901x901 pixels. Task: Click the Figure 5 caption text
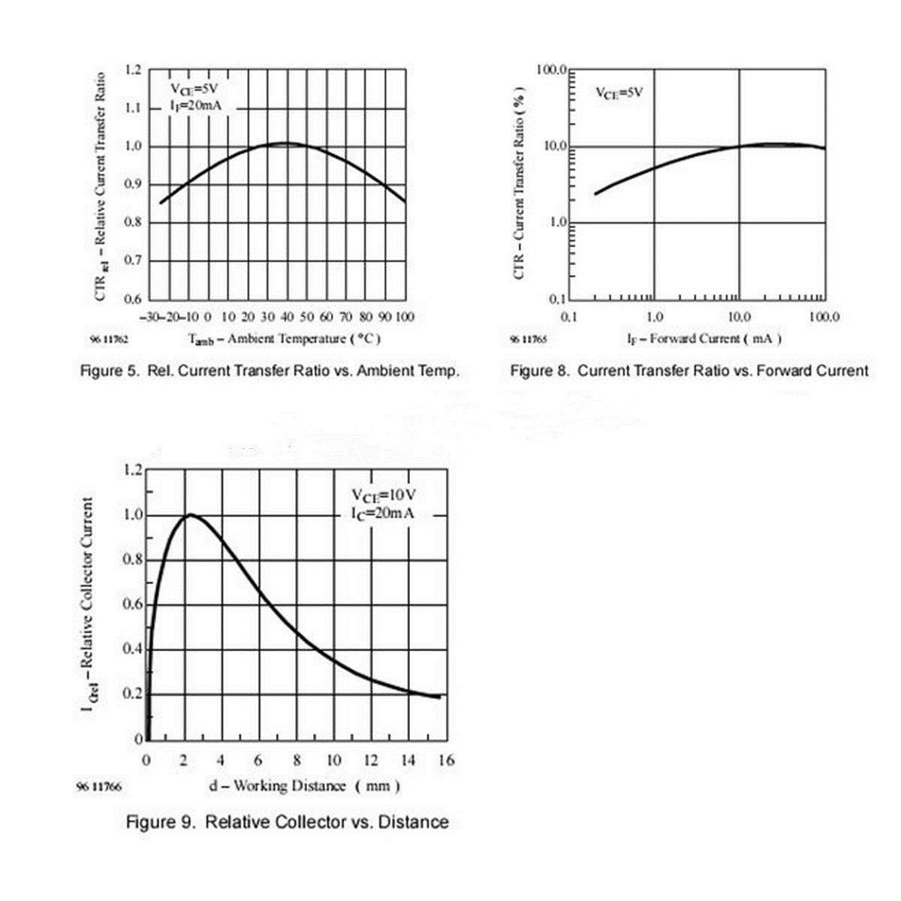[270, 371]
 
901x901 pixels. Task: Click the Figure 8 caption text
[689, 371]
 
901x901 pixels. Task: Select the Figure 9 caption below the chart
[287, 822]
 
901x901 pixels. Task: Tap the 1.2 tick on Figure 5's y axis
[133, 70]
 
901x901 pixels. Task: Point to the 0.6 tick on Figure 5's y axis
[133, 300]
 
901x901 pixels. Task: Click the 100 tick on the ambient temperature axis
[405, 317]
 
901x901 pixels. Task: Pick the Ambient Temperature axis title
[285, 339]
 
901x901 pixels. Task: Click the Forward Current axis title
[704, 339]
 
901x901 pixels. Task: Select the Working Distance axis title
[304, 786]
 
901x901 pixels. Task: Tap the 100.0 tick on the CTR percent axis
[550, 70]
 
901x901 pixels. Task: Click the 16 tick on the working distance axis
[446, 761]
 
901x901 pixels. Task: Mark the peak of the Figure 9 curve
[190, 515]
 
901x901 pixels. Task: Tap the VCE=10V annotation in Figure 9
[384, 496]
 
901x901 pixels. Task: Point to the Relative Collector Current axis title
[88, 605]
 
